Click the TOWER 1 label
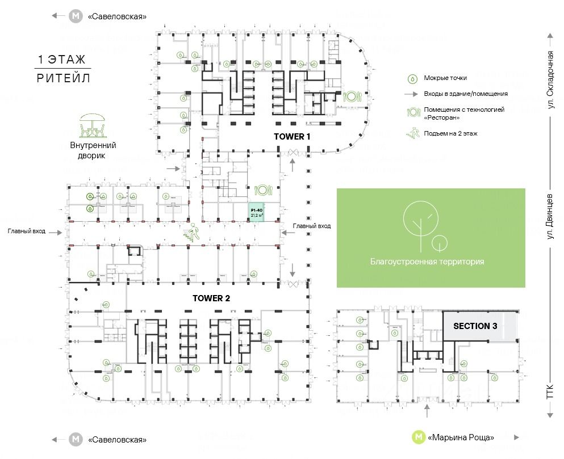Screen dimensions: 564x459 pyautogui.click(x=293, y=137)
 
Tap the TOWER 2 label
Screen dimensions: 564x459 pyautogui.click(x=211, y=298)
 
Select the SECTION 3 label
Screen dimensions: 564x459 pyautogui.click(x=475, y=326)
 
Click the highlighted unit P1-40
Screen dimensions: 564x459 pyautogui.click(x=257, y=212)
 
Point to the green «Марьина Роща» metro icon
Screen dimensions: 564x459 pyautogui.click(x=419, y=437)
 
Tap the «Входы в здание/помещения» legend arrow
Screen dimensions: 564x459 pyautogui.click(x=412, y=94)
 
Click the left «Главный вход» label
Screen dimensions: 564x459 pyautogui.click(x=27, y=231)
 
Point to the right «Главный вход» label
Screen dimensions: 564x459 pyautogui.click(x=311, y=226)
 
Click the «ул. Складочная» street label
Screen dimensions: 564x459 pyautogui.click(x=550, y=80)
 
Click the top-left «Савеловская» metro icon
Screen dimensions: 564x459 pyautogui.click(x=76, y=16)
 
